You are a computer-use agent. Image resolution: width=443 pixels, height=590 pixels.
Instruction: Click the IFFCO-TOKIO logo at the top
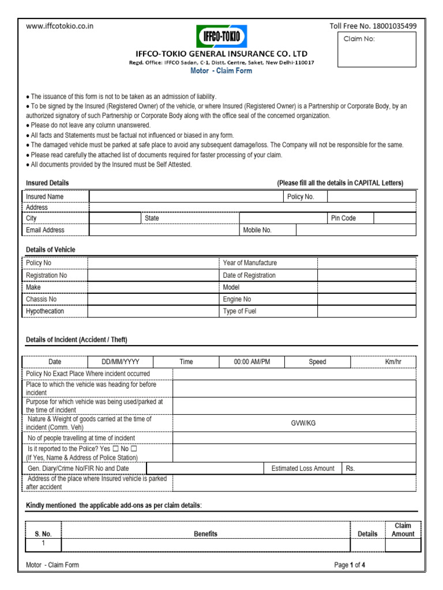221,38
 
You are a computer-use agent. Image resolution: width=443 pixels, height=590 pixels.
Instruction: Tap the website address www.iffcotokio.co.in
60,26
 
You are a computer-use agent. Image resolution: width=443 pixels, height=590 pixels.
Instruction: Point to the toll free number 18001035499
373,26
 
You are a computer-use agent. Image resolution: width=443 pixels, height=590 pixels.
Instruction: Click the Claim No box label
359,39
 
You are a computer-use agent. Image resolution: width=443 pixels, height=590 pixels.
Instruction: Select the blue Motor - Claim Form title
221,71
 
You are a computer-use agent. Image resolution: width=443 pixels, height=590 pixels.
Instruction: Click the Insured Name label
45,196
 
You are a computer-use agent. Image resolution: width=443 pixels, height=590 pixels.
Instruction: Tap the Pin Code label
343,218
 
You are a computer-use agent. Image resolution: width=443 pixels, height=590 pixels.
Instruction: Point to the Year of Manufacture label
250,263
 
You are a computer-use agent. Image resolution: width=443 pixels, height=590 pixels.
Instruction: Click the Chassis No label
42,299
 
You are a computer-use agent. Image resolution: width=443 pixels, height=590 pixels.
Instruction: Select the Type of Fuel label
239,311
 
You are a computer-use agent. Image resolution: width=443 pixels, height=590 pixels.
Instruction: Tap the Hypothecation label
45,311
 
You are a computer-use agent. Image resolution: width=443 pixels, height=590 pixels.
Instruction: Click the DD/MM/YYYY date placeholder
120,362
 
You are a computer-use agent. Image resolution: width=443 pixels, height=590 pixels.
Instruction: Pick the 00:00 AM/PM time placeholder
251,362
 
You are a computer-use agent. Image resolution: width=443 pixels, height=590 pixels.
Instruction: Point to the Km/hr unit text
393,362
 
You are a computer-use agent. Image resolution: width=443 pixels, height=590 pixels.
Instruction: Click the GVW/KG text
303,423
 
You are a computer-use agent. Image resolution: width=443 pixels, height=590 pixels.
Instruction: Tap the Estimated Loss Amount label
303,468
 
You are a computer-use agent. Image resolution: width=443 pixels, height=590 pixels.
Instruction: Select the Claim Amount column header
403,530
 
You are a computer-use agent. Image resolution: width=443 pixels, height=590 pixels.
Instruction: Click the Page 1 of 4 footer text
350,565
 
